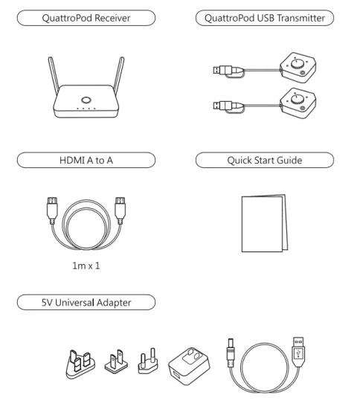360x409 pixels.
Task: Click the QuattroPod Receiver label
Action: click(87, 17)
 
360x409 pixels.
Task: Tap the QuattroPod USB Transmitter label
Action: click(264, 17)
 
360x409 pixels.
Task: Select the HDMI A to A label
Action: click(87, 159)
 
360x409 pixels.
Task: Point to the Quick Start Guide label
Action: click(264, 159)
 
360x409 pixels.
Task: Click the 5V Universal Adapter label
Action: click(87, 302)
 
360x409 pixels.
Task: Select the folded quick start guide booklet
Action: click(264, 222)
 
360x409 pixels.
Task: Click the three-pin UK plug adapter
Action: click(80, 364)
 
